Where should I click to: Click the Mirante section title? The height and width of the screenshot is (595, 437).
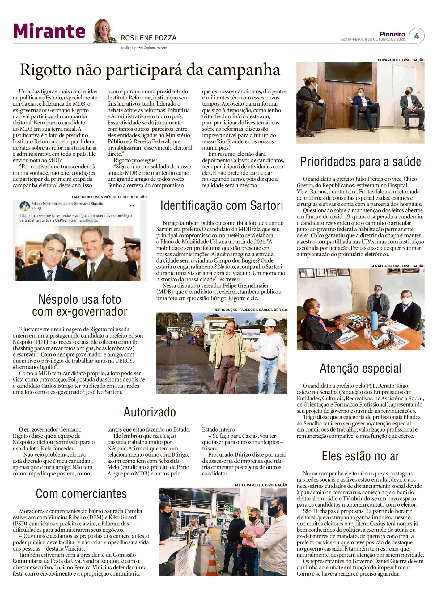pos(49,32)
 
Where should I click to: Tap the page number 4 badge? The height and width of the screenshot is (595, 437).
pos(417,36)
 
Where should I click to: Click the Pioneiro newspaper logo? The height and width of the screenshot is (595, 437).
pos(392,34)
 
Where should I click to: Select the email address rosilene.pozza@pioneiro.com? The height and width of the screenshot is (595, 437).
pos(144,48)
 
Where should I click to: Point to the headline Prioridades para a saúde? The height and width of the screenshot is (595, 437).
pos(360,162)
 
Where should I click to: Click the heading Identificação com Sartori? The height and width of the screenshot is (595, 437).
pos(222,205)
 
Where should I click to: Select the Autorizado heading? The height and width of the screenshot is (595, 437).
pos(150,412)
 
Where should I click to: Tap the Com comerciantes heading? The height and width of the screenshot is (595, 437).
pos(81,493)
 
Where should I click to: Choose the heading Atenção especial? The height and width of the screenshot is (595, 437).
pos(360,368)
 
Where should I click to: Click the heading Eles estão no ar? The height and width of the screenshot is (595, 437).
pos(360,456)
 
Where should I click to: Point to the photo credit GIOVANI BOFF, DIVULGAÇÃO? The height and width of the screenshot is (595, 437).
pos(400,60)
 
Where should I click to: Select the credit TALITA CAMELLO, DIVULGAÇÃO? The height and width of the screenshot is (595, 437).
pos(261,485)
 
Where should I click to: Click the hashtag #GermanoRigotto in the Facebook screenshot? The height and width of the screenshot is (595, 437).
pos(83,221)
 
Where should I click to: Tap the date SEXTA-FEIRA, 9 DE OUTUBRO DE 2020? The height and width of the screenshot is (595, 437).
pos(372,40)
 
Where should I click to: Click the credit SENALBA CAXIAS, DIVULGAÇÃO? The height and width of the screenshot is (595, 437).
pos(397,266)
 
